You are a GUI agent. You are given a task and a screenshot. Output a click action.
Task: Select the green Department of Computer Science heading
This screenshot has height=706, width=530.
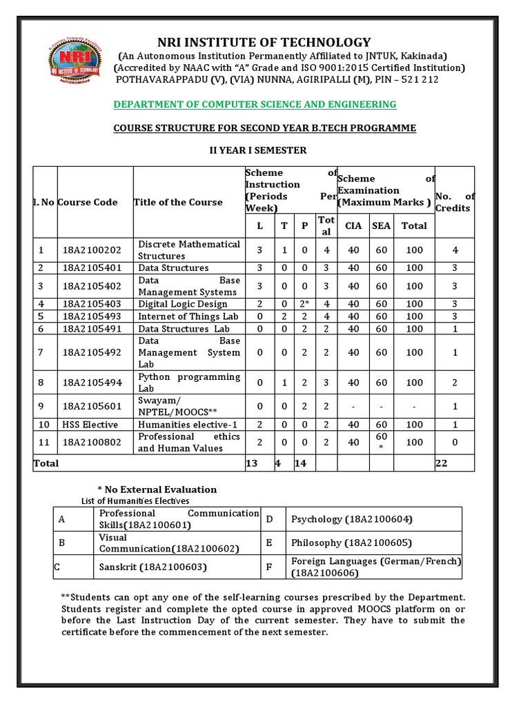pyautogui.click(x=255, y=104)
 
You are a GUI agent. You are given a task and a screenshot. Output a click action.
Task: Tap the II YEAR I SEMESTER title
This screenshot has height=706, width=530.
pyautogui.click(x=258, y=150)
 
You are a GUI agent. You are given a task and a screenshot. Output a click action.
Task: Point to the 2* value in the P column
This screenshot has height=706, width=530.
pyautogui.click(x=305, y=304)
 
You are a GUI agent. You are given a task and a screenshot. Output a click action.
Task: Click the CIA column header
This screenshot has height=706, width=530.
pyautogui.click(x=353, y=225)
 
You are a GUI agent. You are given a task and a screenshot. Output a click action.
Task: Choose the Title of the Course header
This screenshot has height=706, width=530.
pyautogui.click(x=179, y=202)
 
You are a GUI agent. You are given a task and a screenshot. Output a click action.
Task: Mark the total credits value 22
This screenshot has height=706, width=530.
pyautogui.click(x=442, y=463)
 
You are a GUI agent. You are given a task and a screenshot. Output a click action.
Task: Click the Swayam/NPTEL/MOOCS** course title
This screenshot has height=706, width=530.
pyautogui.click(x=170, y=406)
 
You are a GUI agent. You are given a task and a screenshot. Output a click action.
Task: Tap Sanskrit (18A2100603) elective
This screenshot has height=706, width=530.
pyautogui.click(x=144, y=567)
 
